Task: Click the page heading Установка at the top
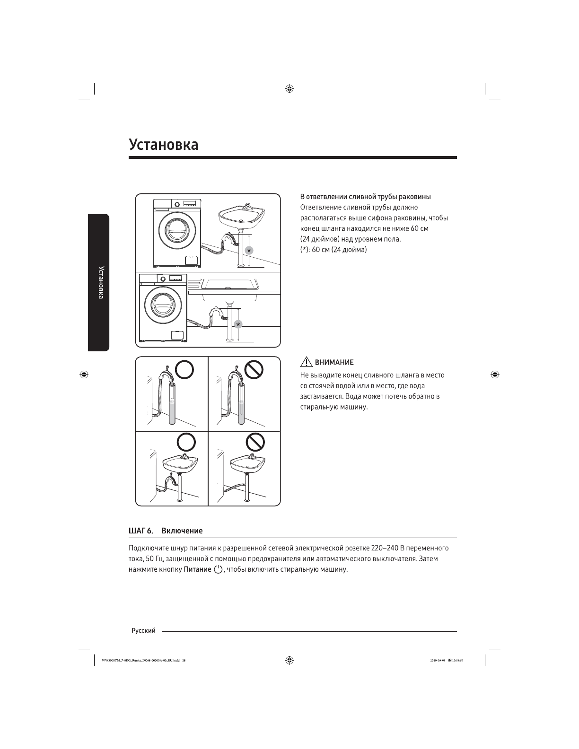[x=163, y=144]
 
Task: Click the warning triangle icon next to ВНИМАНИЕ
[x=306, y=362]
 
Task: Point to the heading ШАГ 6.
[x=140, y=531]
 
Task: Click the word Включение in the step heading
[x=182, y=531]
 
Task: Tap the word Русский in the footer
[x=143, y=630]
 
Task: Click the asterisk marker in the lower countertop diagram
[x=238, y=324]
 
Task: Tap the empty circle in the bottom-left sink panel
[x=186, y=443]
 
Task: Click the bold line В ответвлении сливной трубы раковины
[x=366, y=197]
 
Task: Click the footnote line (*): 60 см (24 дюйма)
[x=333, y=249]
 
